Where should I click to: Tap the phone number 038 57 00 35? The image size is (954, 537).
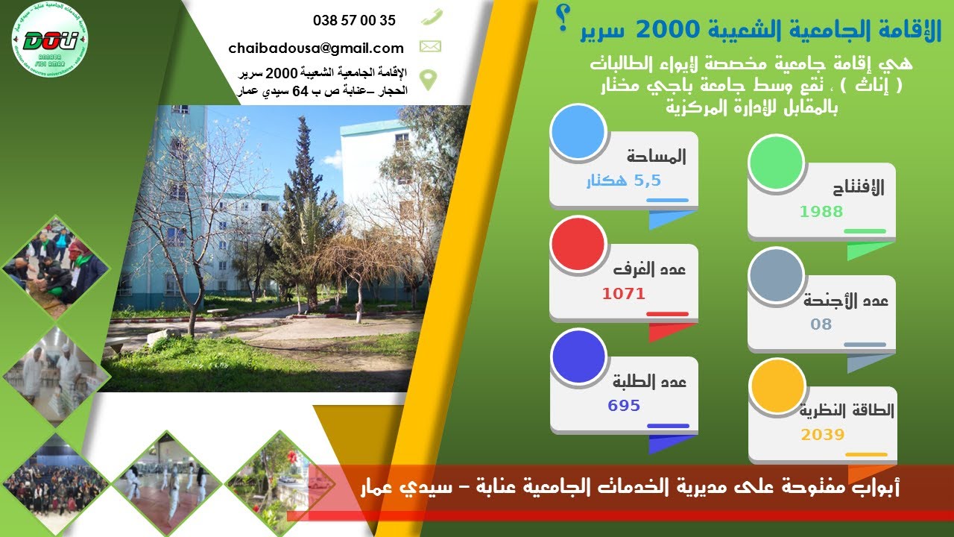click(354, 21)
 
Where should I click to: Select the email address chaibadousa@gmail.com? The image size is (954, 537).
click(316, 48)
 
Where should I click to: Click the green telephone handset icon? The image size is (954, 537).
click(431, 16)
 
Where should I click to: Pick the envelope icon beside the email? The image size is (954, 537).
click(430, 47)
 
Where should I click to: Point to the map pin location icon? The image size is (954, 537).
click(428, 78)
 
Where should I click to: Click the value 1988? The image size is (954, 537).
click(821, 212)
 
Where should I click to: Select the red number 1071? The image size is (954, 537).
click(624, 294)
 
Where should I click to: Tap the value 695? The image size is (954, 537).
click(624, 406)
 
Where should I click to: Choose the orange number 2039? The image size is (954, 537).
click(823, 435)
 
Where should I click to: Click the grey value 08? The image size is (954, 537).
click(821, 324)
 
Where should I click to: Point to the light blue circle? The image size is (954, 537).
click(577, 132)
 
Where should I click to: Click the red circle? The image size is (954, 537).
click(577, 244)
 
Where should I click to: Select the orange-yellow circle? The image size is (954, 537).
click(777, 386)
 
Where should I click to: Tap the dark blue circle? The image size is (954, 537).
click(578, 357)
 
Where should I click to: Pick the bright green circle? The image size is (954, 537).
click(776, 163)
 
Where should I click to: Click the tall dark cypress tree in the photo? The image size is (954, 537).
click(303, 194)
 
